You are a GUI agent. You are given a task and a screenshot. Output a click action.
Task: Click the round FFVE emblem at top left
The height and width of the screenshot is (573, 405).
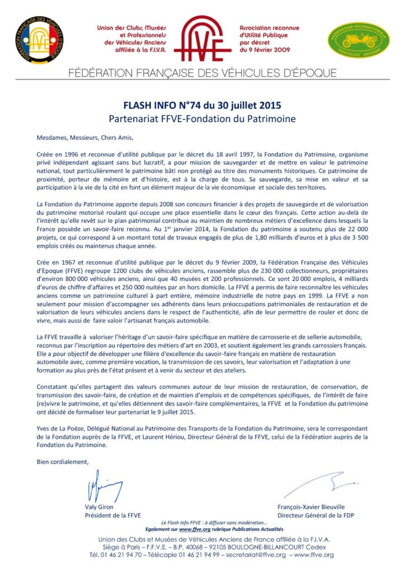click(39, 39)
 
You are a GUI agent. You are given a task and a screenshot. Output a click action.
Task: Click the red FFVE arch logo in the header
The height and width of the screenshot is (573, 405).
click(203, 39)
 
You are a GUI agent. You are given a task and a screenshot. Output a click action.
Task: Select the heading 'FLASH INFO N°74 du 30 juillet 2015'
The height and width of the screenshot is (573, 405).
click(202, 106)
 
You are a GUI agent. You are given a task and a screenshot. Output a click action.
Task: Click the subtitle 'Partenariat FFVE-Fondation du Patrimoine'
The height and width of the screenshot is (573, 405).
click(202, 118)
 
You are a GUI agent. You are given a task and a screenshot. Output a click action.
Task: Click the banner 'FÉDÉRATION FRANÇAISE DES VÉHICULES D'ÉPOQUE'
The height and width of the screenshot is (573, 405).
click(202, 73)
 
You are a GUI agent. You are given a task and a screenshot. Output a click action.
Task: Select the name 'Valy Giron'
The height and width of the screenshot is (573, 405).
click(99, 507)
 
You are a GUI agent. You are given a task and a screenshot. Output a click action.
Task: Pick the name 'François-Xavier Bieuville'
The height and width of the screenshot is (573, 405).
click(311, 507)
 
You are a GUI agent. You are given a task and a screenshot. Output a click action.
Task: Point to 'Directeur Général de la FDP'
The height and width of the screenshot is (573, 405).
click(315, 515)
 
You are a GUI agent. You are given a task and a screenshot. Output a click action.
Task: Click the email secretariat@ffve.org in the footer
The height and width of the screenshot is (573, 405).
click(255, 555)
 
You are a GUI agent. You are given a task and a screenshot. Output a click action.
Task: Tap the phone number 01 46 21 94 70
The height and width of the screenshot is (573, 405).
click(125, 555)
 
